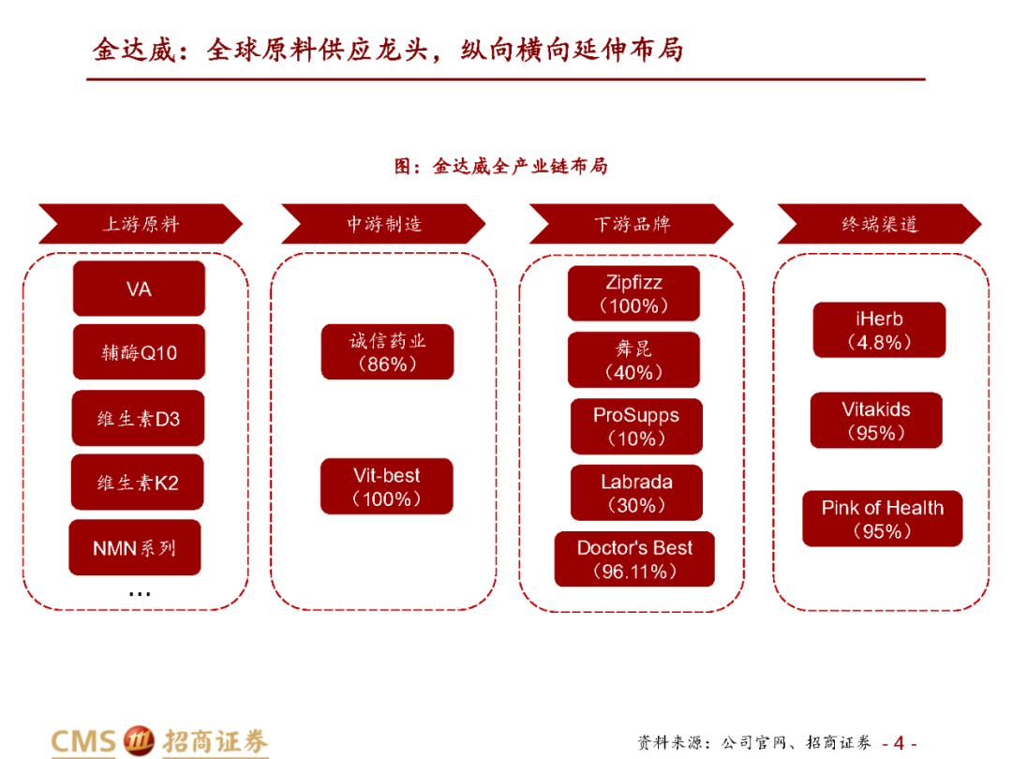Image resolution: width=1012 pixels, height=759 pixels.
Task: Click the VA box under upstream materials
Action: pyautogui.click(x=139, y=289)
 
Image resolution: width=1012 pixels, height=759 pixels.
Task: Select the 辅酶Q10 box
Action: pyautogui.click(x=139, y=353)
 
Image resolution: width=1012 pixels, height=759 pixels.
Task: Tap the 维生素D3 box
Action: pyautogui.click(x=139, y=418)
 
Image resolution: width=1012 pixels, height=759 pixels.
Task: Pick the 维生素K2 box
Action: pyautogui.click(x=139, y=483)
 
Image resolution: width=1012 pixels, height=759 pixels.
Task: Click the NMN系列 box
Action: pyautogui.click(x=135, y=547)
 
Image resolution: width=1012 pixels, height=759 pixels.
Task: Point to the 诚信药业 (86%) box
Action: pyautogui.click(x=387, y=352)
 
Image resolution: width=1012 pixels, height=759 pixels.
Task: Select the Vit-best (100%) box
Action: pyautogui.click(x=387, y=486)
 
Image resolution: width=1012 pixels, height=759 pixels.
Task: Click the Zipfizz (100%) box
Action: pyautogui.click(x=633, y=293)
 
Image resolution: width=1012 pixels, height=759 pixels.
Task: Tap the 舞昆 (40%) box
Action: pyautogui.click(x=633, y=360)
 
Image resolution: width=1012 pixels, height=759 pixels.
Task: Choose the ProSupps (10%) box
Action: pyautogui.click(x=636, y=426)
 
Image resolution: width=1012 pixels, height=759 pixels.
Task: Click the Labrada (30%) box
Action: pyautogui.click(x=636, y=493)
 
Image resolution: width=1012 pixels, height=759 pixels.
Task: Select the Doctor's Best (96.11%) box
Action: pyautogui.click(x=634, y=559)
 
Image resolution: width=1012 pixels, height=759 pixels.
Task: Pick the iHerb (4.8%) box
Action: pyautogui.click(x=879, y=330)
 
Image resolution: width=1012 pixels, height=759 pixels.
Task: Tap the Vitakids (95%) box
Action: pyautogui.click(x=876, y=421)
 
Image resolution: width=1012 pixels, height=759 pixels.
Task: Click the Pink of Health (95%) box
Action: pyautogui.click(x=882, y=519)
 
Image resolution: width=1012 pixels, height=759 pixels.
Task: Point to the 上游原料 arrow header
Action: pyautogui.click(x=141, y=225)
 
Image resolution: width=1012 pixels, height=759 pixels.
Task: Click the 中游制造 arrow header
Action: pyautogui.click(x=384, y=225)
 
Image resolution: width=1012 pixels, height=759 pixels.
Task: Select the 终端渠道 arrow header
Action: pyautogui.click(x=879, y=225)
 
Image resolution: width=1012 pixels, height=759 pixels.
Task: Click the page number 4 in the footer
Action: pyautogui.click(x=899, y=743)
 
